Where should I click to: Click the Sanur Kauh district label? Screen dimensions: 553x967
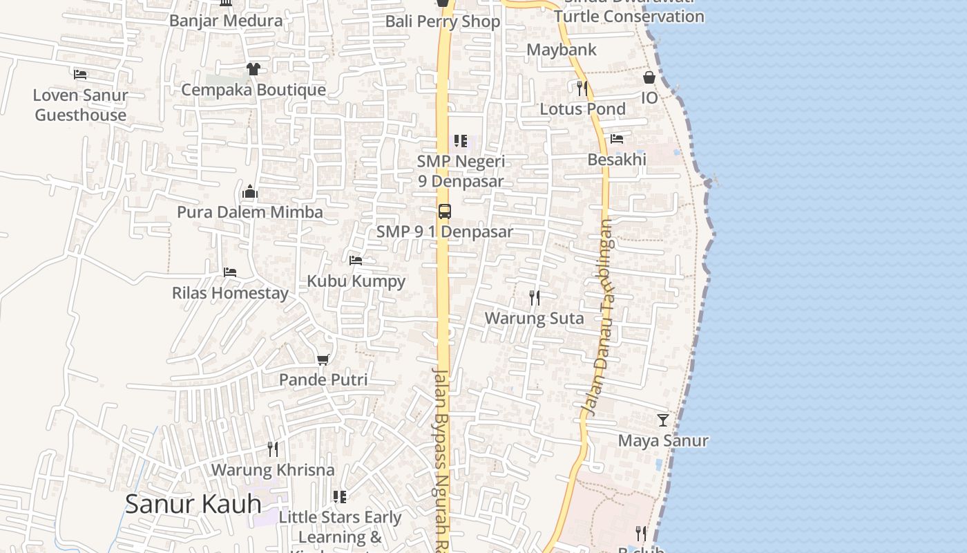tap(193, 504)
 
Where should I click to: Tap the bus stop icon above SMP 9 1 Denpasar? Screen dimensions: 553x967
tap(445, 212)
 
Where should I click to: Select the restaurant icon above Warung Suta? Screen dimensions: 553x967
tap(535, 298)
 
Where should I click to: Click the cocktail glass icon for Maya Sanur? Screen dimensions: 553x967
tap(663, 420)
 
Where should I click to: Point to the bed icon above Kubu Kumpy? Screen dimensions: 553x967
tap(356, 261)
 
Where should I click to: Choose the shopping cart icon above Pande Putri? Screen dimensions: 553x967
tap(323, 359)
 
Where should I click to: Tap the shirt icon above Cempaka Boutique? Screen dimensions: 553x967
tap(253, 69)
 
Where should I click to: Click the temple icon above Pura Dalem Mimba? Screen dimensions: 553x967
tap(250, 191)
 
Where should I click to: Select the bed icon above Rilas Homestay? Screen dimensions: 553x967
tap(230, 272)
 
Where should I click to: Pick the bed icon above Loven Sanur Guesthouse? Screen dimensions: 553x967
tap(80, 74)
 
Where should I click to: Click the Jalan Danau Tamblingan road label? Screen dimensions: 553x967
tap(599, 318)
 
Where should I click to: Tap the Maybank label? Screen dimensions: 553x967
tap(562, 50)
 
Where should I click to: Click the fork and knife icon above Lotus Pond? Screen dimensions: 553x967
tap(582, 88)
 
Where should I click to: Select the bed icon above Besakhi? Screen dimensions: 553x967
tap(617, 139)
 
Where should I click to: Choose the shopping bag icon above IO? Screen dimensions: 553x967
tap(649, 77)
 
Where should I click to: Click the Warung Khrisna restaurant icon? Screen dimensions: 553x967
tap(273, 449)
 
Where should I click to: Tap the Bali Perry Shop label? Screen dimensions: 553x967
tap(443, 21)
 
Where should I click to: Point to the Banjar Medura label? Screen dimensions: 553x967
tap(226, 20)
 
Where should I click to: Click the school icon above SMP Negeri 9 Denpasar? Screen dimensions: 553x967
tap(461, 141)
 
